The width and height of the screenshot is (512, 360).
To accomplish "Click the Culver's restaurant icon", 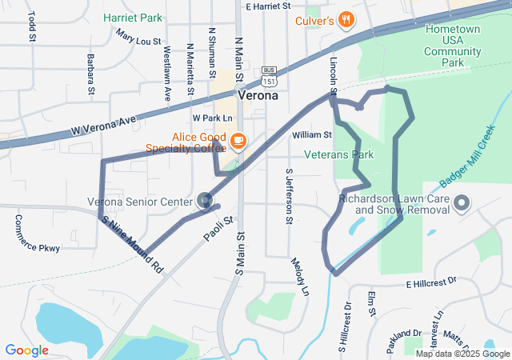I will point(346,20).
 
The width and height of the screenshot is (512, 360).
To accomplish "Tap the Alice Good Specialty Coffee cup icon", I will point(238,142).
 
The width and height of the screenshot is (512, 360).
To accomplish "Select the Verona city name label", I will point(258,94).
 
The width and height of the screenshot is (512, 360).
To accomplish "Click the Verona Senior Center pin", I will point(205,200).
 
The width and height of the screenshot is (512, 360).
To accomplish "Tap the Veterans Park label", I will point(339,154).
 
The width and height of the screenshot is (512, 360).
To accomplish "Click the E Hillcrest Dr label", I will point(430,282).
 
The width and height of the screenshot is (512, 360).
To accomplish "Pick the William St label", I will point(312,135).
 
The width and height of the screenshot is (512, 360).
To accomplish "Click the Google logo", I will point(27,350).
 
